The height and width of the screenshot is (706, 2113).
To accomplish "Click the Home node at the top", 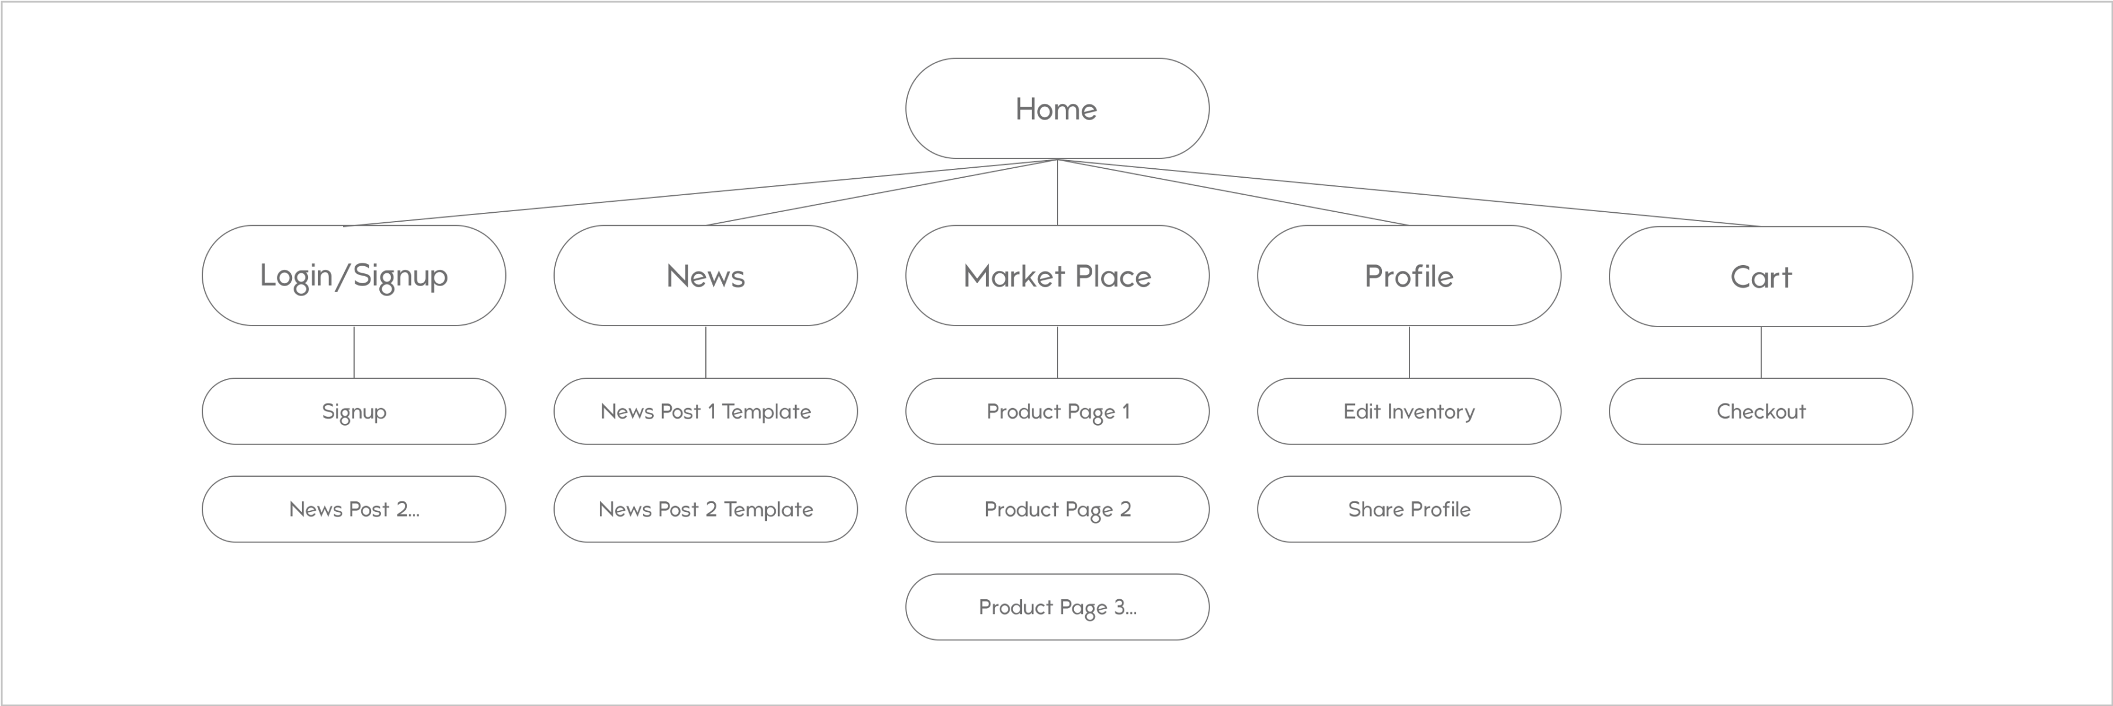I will (1056, 108).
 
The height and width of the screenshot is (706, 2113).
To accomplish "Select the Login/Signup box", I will (354, 276).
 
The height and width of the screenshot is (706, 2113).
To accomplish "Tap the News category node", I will (705, 276).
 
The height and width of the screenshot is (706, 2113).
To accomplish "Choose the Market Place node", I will (1056, 276).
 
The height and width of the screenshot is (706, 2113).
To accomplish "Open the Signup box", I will (354, 411).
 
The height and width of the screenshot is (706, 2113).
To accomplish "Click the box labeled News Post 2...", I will (354, 509).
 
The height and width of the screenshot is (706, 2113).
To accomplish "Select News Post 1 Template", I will (705, 411).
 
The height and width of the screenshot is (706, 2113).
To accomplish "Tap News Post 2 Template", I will (705, 509).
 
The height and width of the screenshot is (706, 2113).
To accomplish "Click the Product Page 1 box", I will (1056, 411).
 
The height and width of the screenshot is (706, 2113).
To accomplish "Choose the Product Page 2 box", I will (1056, 509).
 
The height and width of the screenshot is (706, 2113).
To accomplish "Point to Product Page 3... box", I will (1056, 607).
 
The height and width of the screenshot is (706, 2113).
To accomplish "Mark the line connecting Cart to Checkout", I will (1761, 352).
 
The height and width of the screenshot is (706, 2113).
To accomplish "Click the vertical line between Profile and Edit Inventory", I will (1409, 352).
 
